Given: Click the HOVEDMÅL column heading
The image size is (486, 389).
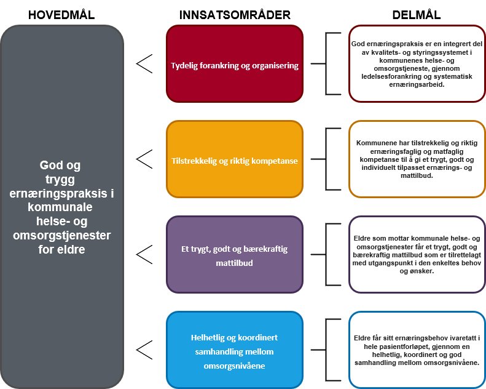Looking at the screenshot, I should tap(62, 13).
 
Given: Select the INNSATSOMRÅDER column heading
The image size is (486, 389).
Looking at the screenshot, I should tap(235, 13).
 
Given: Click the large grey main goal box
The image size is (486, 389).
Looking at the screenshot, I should tap(62, 207).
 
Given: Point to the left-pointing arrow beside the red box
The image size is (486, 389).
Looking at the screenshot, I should tap(144, 63).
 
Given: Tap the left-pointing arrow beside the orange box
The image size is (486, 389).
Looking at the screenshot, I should tap(144, 159).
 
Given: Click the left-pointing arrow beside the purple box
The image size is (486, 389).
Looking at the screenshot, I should tap(144, 254).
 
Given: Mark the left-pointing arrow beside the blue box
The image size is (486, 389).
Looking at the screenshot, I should tap(144, 350).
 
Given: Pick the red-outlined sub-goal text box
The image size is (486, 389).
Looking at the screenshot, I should tap(417, 63).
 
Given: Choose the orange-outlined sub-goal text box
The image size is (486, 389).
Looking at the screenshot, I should tap(417, 159).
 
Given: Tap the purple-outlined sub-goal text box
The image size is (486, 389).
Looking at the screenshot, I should tap(417, 254).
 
